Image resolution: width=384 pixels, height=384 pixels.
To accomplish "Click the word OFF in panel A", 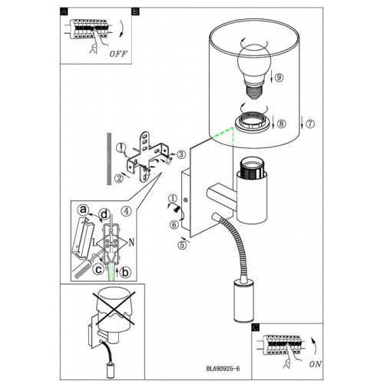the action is point(118,54).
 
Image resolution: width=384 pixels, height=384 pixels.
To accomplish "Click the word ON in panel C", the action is point(315,364).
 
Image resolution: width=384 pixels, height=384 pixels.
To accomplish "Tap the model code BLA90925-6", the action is point(223,369).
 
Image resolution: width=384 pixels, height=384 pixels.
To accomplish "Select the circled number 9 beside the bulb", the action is point(279,77).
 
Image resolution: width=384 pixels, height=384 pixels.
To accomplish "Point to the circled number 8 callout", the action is point(281,124).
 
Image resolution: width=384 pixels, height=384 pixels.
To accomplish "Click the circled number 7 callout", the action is point(310,124).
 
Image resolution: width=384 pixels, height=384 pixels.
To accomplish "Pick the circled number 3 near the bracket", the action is point(181,154).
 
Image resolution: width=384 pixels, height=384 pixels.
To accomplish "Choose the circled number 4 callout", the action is point(127,210).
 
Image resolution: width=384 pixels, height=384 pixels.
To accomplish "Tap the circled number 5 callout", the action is point(182,245).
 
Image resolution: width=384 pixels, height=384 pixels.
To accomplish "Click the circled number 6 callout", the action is point(174,225).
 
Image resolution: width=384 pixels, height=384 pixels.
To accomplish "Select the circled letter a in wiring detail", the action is point(83,210).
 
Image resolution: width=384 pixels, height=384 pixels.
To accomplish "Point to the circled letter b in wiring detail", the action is point(125,273).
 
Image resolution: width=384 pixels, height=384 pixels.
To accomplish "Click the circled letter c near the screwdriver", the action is point(98,270).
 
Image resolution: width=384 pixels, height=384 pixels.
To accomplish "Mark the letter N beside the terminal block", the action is point(131,242).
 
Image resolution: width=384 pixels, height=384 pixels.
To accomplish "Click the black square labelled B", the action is point(135,12).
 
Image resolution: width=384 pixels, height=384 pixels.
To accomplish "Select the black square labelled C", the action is point(256,327).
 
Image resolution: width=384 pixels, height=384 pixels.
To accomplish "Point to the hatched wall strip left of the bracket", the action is point(109,159).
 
